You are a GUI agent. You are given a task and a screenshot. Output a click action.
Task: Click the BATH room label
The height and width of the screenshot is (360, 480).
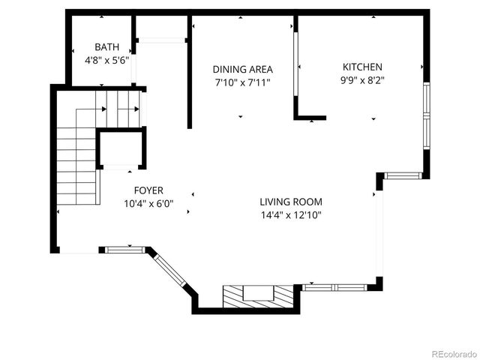pos(106,46)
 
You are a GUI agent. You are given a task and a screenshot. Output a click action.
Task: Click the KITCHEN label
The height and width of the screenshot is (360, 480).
pos(362,67)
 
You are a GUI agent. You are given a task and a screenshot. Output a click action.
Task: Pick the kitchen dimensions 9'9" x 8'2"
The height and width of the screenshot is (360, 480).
pos(362,79)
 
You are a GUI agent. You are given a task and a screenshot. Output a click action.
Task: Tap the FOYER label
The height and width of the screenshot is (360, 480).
pos(148,190)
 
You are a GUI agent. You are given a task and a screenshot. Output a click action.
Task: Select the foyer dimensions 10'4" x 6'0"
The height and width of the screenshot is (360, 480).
pos(148,203)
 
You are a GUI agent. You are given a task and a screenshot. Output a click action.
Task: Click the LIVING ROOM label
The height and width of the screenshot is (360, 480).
pos(291,202)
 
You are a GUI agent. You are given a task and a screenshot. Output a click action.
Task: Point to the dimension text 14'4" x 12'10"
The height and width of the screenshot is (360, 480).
pos(291,214)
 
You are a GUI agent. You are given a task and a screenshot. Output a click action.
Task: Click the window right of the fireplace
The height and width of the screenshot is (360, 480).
pos(335,287)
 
